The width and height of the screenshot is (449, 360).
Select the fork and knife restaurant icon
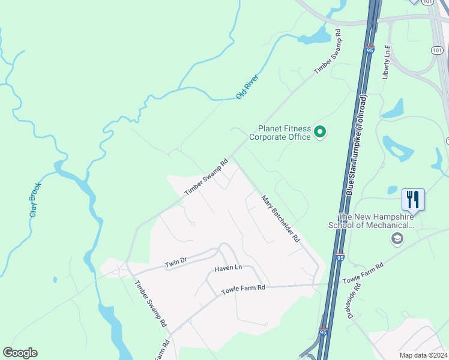tap(414, 198)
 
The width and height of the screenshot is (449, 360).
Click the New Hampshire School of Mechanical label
tap(376, 221)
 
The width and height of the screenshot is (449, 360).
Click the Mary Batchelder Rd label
tap(280, 217)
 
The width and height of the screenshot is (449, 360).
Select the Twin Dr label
tap(176, 263)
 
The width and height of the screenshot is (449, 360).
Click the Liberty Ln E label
tap(388, 63)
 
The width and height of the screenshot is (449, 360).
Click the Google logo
tap(20, 353)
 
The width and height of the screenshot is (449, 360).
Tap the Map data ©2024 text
tap(423, 355)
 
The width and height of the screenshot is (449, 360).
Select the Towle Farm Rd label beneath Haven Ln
tap(243, 289)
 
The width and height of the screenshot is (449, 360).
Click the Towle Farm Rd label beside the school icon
tap(363, 274)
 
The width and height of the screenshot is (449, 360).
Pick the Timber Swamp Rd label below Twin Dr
tap(151, 304)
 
